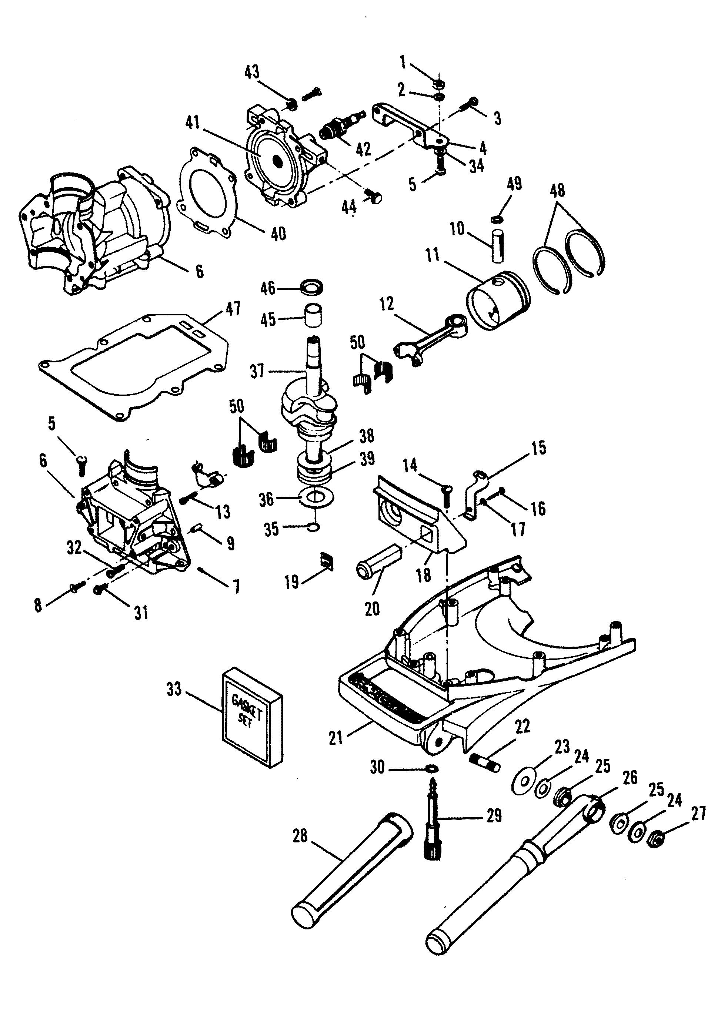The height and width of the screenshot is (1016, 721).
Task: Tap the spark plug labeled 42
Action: coord(340,125)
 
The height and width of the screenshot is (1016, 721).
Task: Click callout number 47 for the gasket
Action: coord(234,308)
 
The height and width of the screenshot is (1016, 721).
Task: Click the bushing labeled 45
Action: coord(313,315)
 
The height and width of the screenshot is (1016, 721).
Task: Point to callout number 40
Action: coord(278,234)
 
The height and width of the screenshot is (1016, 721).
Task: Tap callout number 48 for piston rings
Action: coord(557,190)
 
